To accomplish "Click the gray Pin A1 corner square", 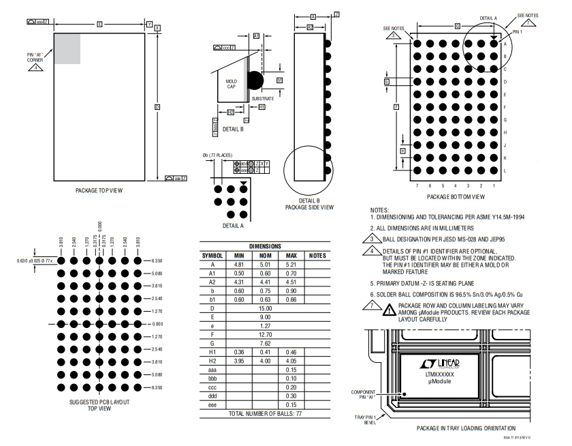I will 67,48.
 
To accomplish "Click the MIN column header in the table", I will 235,255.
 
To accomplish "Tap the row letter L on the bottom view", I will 505,170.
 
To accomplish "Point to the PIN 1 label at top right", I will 519,31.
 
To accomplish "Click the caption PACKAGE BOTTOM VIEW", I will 456,196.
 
